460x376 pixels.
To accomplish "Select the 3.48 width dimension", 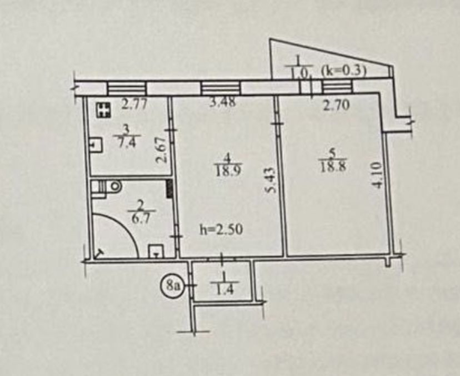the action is pyautogui.click(x=223, y=102).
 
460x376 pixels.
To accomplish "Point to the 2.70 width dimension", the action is pyautogui.click(x=336, y=105).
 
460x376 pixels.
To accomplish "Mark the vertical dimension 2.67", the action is pyautogui.click(x=161, y=150).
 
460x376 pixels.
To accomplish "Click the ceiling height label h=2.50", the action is pyautogui.click(x=221, y=229).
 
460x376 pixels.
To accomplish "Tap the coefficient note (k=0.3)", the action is pyautogui.click(x=344, y=72).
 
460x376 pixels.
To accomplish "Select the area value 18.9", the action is pyautogui.click(x=228, y=171).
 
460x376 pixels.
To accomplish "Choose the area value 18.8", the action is pyautogui.click(x=333, y=167).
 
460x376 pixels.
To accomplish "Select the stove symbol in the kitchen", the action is pyautogui.click(x=103, y=110).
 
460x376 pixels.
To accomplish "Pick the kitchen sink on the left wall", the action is pyautogui.click(x=96, y=145).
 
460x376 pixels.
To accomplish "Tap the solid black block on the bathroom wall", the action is pyautogui.click(x=169, y=189).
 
